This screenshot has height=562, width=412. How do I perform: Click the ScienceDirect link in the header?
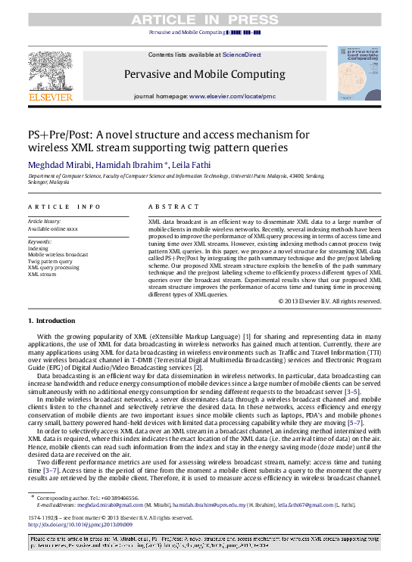click(x=242, y=55)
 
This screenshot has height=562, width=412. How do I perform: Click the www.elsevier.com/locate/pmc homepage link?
click(x=232, y=97)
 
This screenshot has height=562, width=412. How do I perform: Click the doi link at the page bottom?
click(x=80, y=524)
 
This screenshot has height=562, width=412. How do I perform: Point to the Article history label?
click(x=48, y=221)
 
